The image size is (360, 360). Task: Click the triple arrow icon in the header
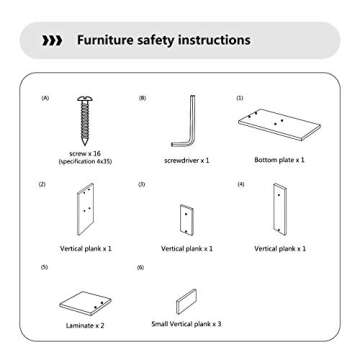[x=51, y=41]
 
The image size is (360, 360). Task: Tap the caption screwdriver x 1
[x=186, y=160]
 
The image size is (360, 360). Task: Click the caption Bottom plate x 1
[x=280, y=160]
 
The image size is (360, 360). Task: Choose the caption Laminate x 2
[x=85, y=326]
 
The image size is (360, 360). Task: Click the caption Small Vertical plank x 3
[x=186, y=324]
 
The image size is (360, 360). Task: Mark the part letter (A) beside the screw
[x=45, y=98]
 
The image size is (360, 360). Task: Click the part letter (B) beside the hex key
[x=142, y=98]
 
